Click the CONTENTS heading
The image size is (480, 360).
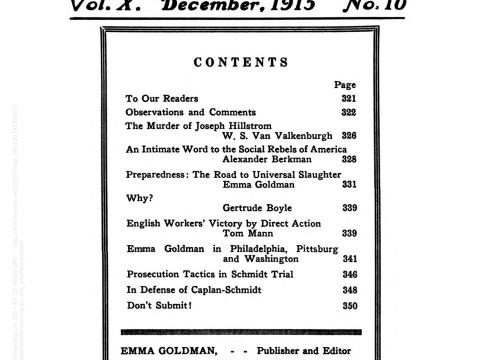coord(240,62)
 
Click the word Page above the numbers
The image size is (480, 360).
coord(345,85)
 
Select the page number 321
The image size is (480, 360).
coord(347,99)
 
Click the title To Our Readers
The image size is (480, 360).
coord(161,99)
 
